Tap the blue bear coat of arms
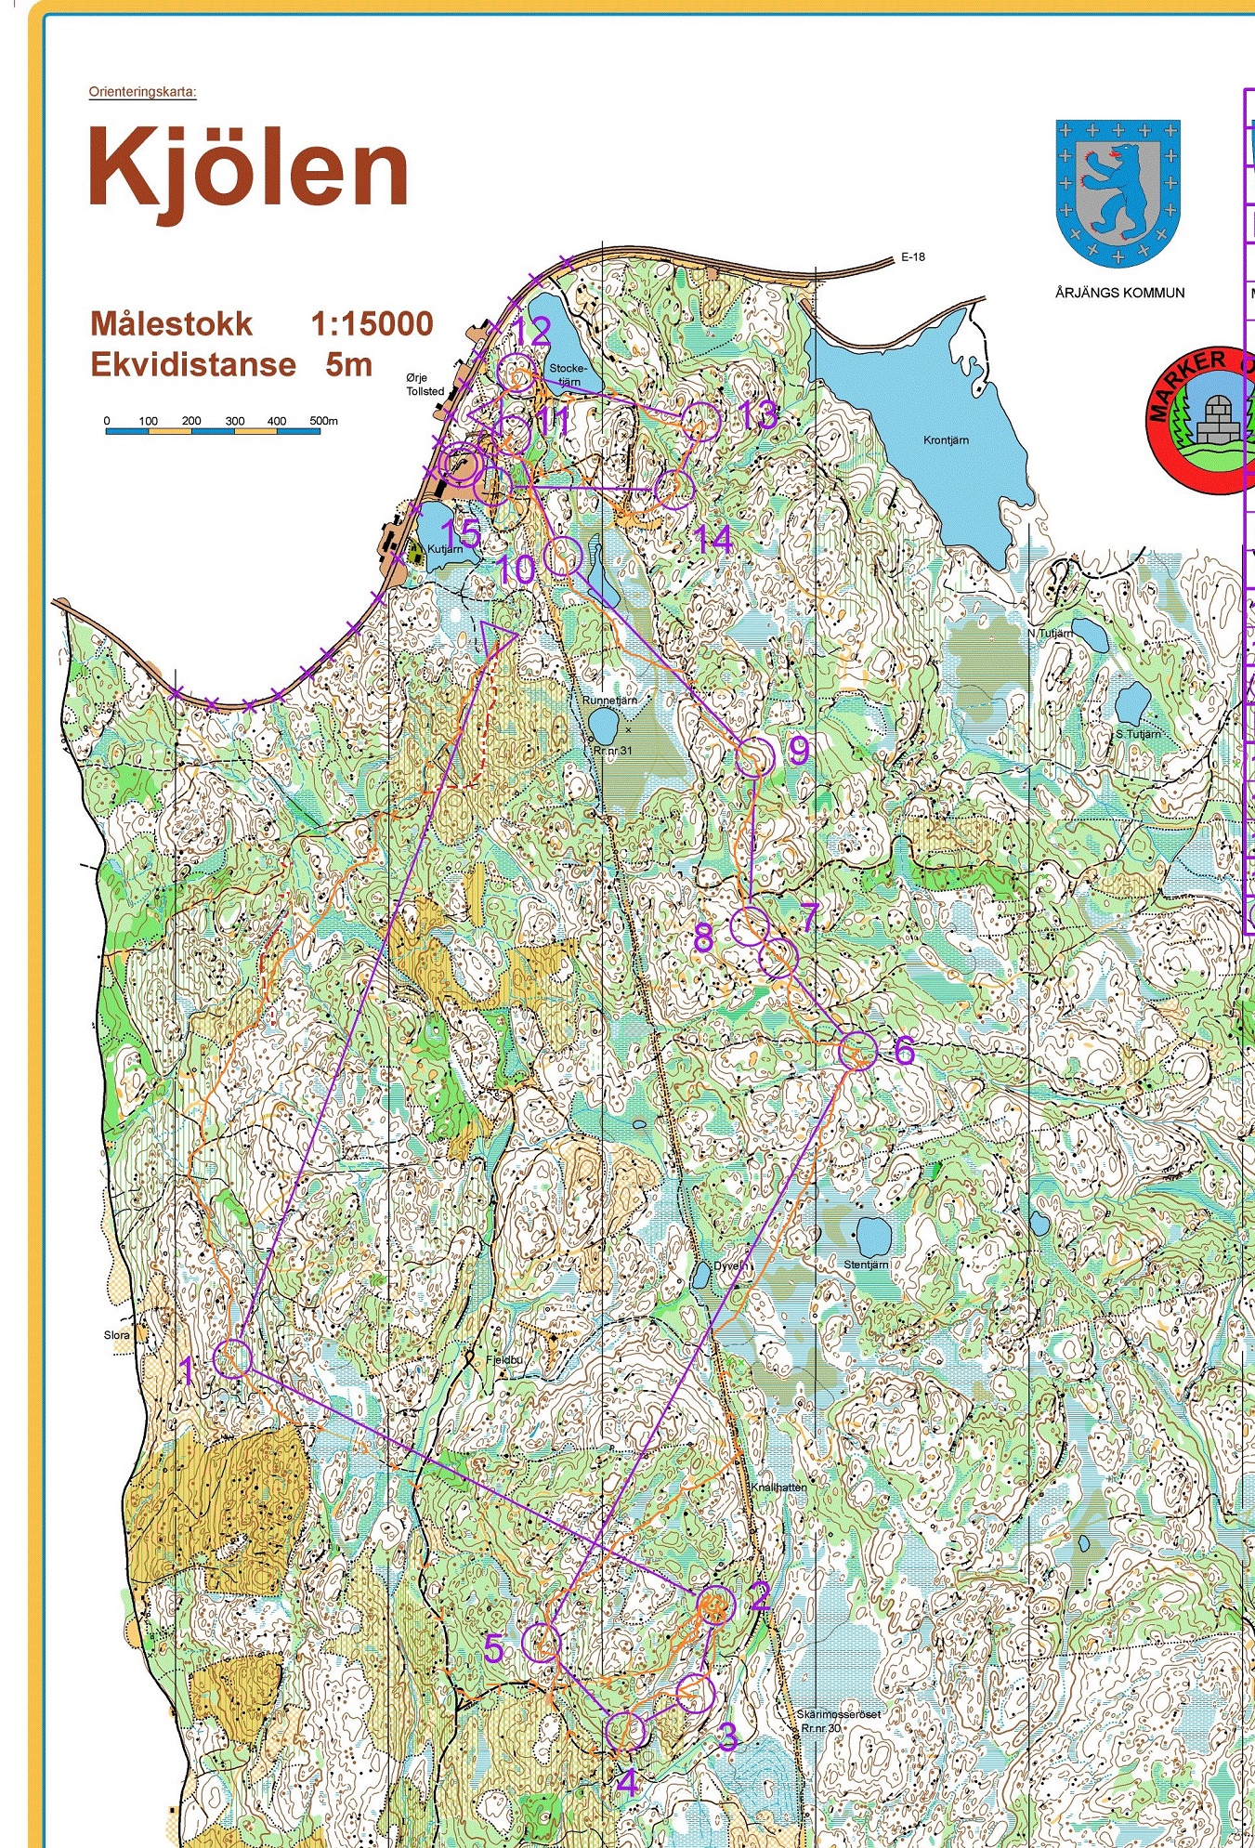point(1118,190)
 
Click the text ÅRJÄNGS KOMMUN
point(1119,293)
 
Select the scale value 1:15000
point(372,324)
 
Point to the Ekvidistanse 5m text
point(231,365)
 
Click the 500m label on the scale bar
point(323,421)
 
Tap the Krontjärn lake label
point(946,440)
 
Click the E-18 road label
point(912,257)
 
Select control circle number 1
point(233,1358)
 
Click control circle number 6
point(857,1051)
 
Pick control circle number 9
point(755,757)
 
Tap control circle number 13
point(701,422)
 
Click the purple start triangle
point(497,638)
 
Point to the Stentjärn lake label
point(866,1265)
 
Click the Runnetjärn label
point(610,701)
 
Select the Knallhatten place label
point(778,1487)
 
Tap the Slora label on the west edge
point(117,1335)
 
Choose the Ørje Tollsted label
point(425,385)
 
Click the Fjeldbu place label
point(505,1359)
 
